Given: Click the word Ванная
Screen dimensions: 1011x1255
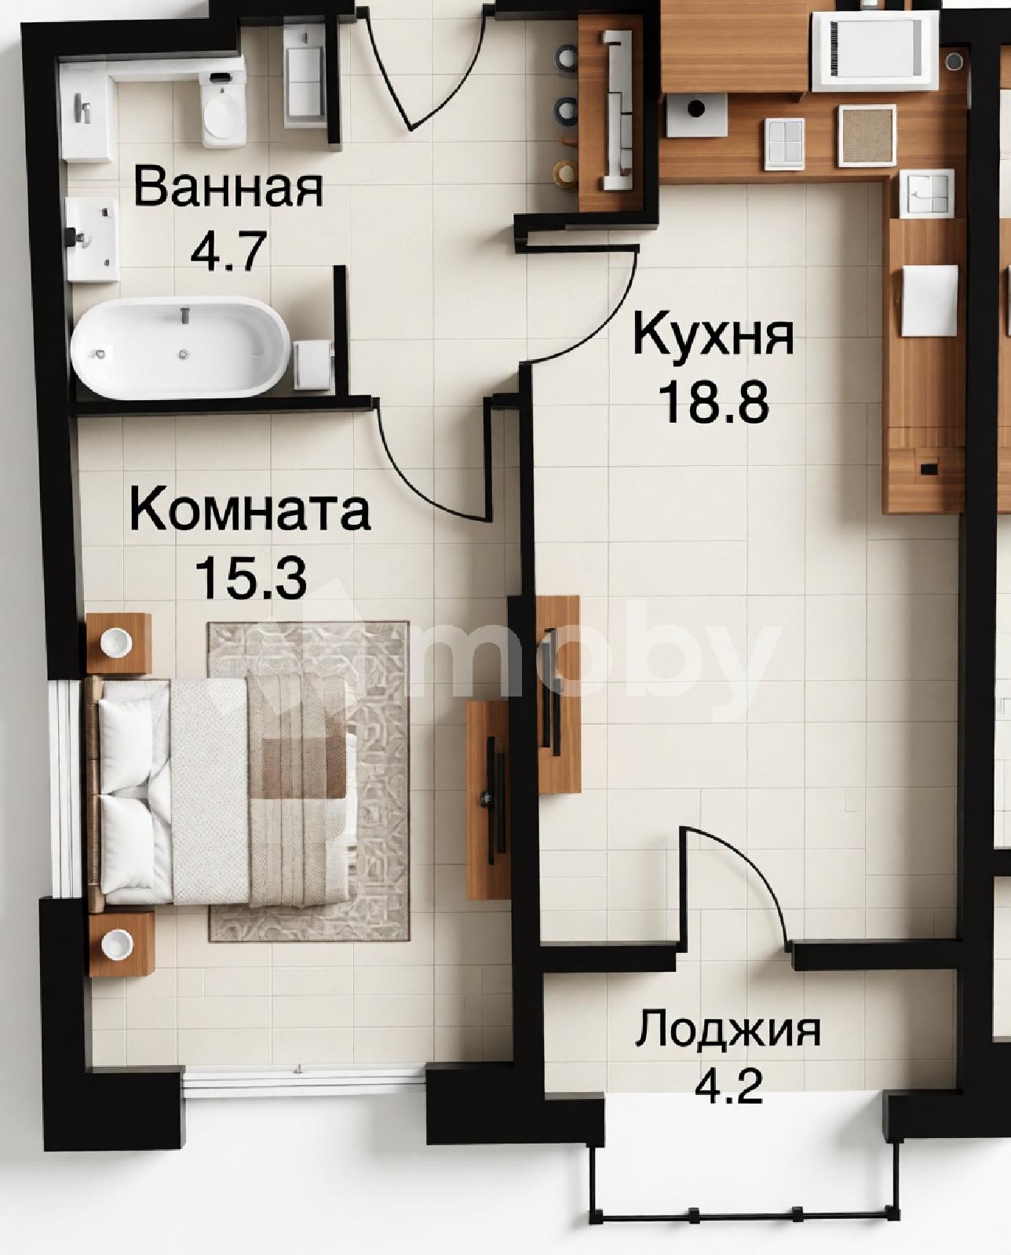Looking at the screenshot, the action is pyautogui.click(x=228, y=187).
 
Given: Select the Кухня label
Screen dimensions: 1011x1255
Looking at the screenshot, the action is pyautogui.click(x=714, y=334).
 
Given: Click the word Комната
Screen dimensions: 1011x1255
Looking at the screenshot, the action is pyautogui.click(x=250, y=510).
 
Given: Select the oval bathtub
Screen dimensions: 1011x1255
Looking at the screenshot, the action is pyautogui.click(x=181, y=348).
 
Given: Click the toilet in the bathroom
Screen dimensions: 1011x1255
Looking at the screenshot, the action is pyautogui.click(x=222, y=108).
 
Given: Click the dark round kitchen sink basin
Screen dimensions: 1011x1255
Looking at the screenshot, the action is pyautogui.click(x=695, y=108).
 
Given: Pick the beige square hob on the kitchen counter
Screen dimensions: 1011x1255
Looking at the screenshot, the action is pyautogui.click(x=867, y=135).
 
